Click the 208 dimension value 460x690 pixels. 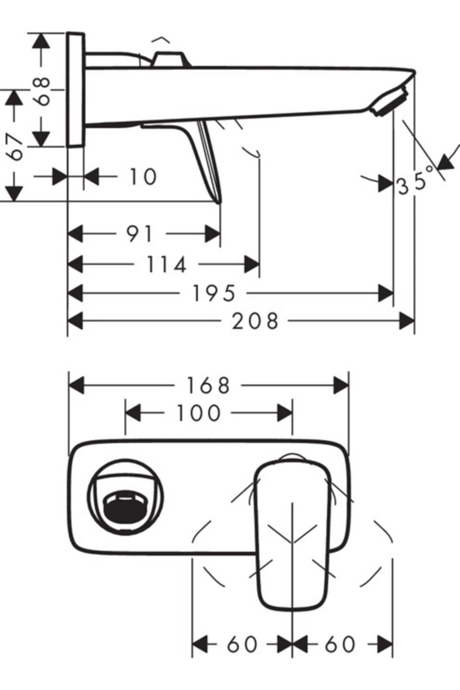[x=255, y=321]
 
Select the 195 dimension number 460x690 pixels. [x=213, y=294]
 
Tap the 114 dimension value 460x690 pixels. [x=166, y=265]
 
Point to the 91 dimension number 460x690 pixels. [x=140, y=234]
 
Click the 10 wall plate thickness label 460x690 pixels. [x=143, y=177]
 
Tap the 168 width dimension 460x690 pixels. [x=208, y=385]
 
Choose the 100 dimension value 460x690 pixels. [x=198, y=413]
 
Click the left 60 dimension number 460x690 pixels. [x=242, y=645]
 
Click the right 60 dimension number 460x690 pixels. [x=340, y=645]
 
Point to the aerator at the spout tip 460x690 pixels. [x=390, y=101]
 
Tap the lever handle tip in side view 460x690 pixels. [x=218, y=197]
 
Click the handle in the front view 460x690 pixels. [x=292, y=537]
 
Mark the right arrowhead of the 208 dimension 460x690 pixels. [x=407, y=321]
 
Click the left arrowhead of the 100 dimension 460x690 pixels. [x=133, y=413]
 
